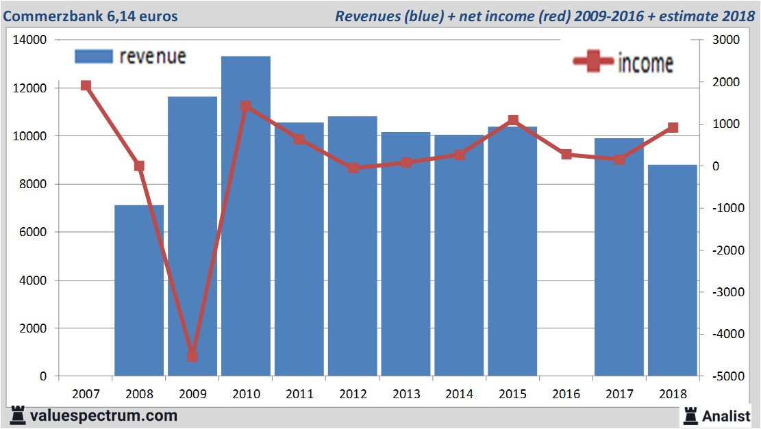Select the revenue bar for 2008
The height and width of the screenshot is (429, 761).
point(139,290)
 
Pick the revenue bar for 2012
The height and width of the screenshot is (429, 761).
point(352,246)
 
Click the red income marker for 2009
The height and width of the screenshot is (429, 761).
point(192,356)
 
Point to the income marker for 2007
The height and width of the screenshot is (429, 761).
point(86,86)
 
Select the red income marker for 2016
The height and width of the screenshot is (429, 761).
point(566,155)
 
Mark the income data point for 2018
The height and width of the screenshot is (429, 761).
point(673,128)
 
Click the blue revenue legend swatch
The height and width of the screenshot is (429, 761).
point(92,57)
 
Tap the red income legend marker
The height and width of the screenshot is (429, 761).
point(592,62)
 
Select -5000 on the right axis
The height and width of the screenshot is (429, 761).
point(726,376)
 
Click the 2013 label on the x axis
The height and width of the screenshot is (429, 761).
point(406,394)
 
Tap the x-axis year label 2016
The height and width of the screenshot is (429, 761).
point(566,394)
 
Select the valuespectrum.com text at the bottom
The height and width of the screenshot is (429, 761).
point(103,415)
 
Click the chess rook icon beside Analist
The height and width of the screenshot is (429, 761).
point(690,415)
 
